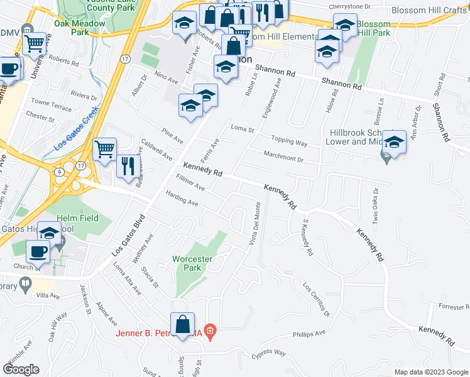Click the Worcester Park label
193,263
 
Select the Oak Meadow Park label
80,27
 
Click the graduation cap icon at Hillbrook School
394,142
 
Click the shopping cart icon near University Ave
34,44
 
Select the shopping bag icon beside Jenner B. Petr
182,325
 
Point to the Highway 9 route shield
58,172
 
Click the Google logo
20,369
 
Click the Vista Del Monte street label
257,220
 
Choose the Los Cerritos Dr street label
317,299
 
